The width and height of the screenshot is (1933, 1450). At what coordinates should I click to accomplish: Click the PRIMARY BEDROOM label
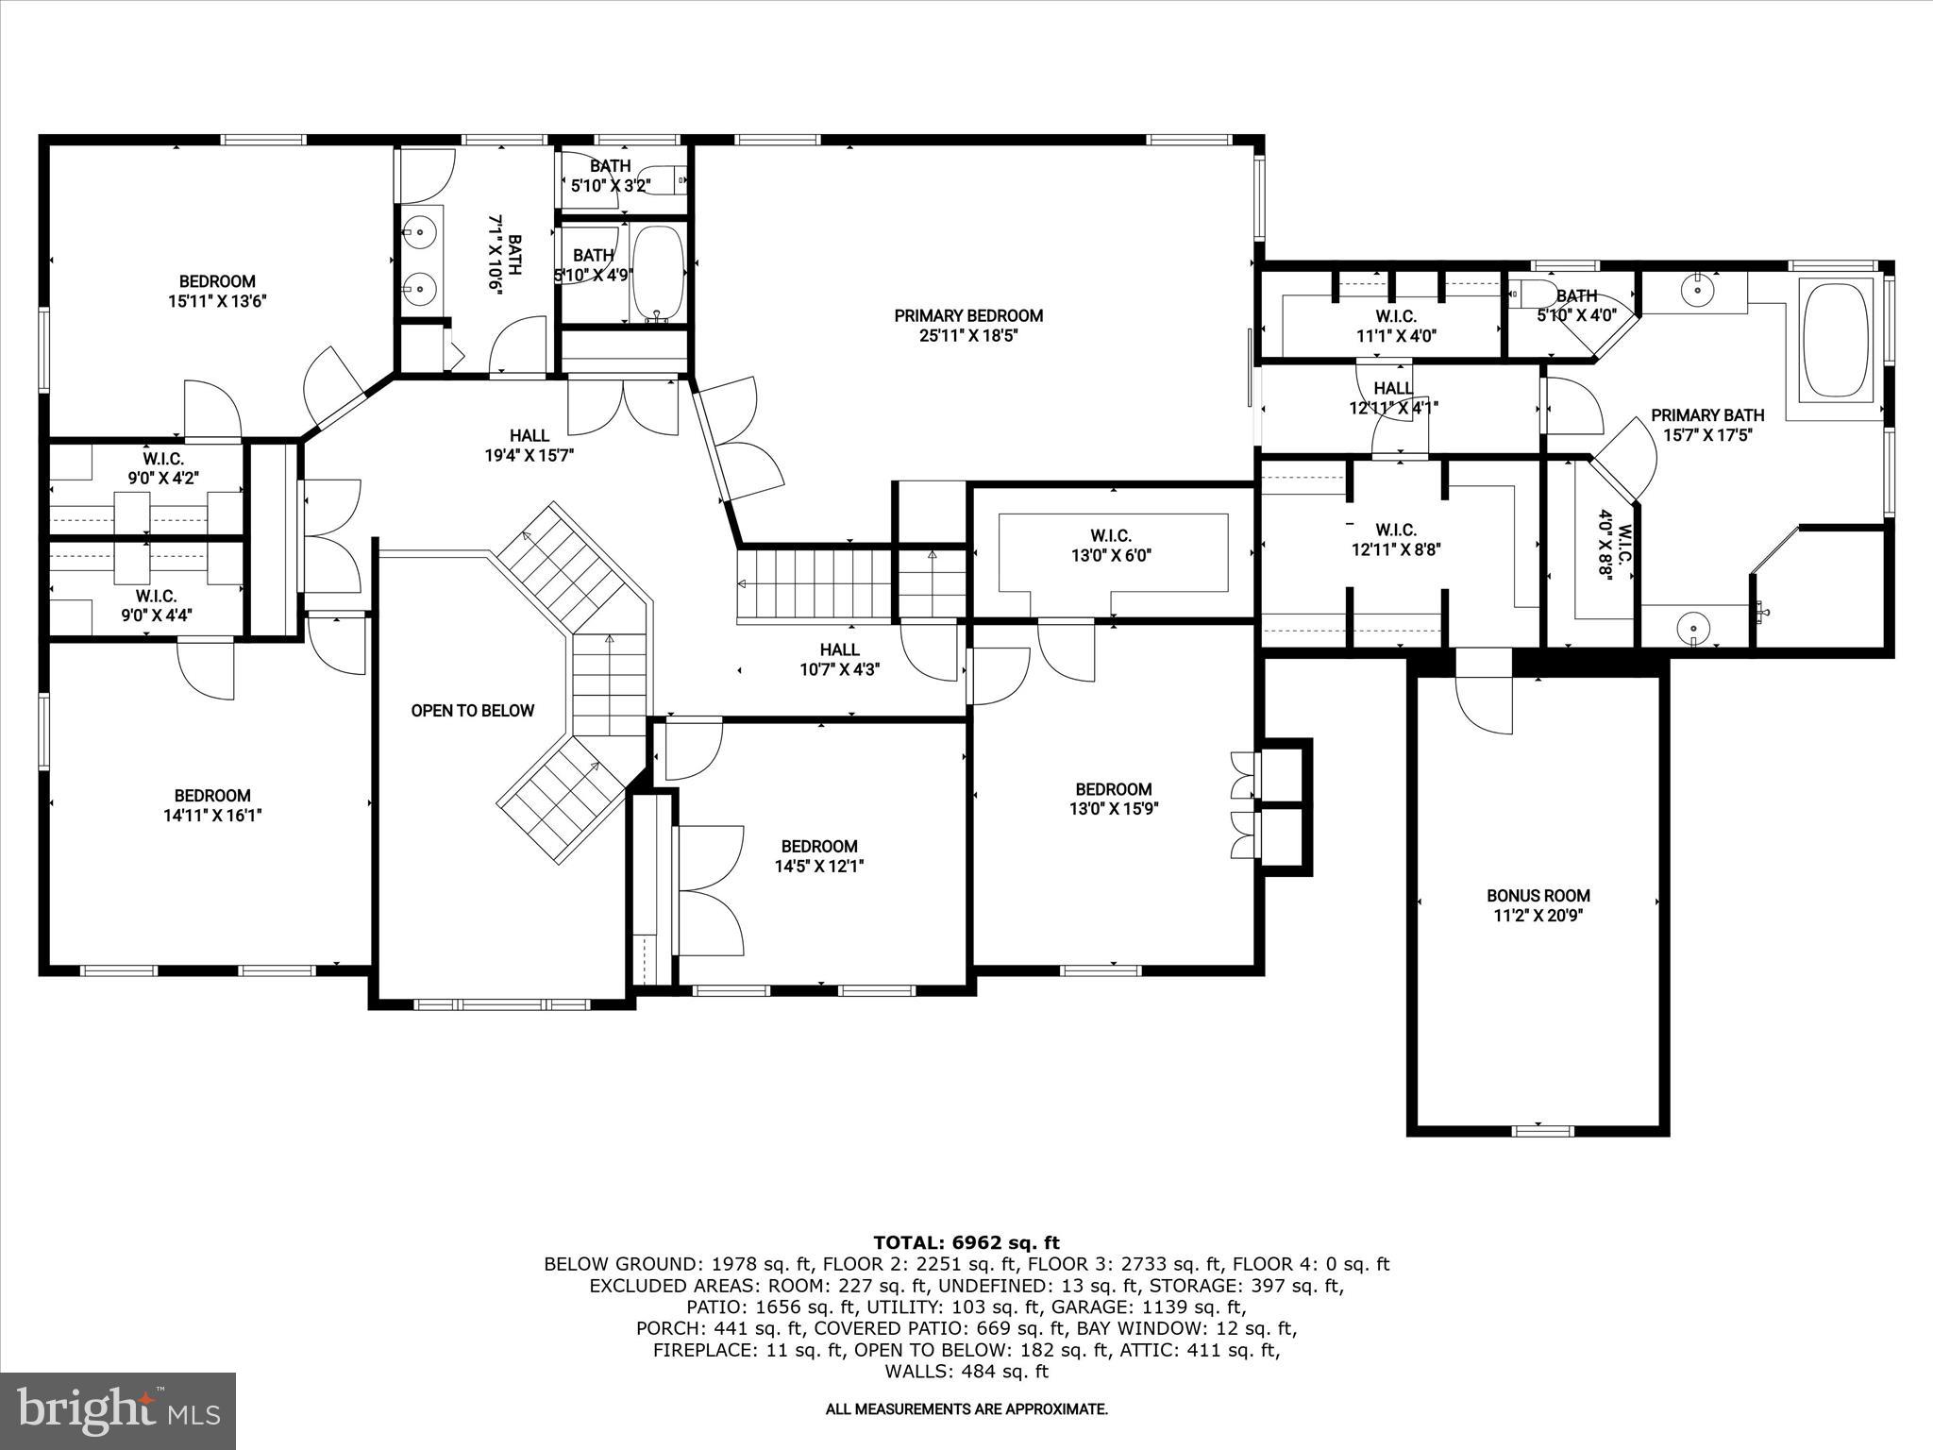(x=968, y=315)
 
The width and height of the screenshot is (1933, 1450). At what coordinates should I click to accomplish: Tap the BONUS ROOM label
(x=1538, y=895)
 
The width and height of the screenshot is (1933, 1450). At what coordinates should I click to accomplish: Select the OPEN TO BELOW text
(x=472, y=711)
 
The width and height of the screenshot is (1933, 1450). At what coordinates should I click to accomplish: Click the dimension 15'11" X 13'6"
(x=217, y=302)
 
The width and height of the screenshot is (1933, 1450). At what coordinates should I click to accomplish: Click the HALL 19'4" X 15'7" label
(x=529, y=445)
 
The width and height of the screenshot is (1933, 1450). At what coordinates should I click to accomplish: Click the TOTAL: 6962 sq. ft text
(x=966, y=1242)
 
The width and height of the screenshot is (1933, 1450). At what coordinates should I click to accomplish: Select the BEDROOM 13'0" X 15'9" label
(x=1113, y=799)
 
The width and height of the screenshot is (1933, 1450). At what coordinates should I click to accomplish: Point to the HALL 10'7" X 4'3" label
(x=839, y=659)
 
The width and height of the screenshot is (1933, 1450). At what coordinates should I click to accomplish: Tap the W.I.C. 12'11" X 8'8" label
(x=1395, y=540)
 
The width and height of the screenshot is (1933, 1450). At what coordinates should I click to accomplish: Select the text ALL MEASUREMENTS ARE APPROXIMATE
(x=966, y=1409)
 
